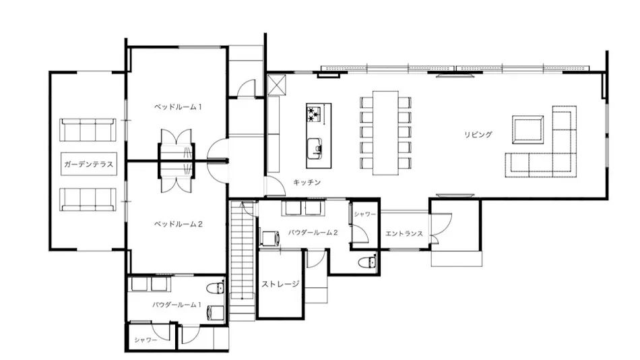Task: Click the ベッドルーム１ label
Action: click(178, 107)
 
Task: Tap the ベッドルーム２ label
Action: click(178, 224)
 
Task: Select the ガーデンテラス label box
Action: click(89, 164)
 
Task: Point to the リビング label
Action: click(478, 134)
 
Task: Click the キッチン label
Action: click(307, 182)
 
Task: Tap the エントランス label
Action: click(404, 234)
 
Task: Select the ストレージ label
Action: click(280, 284)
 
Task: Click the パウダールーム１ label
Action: click(177, 305)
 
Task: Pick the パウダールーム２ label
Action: click(313, 233)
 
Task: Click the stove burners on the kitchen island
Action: click(315, 114)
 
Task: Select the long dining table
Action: click(385, 133)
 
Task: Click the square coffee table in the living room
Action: click(527, 129)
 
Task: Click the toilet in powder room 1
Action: click(215, 288)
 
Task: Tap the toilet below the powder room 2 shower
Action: click(367, 262)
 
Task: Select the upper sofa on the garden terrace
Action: click(88, 130)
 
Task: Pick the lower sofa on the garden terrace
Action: click(88, 200)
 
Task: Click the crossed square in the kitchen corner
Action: click(277, 84)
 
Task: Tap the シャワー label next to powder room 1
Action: click(146, 340)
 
